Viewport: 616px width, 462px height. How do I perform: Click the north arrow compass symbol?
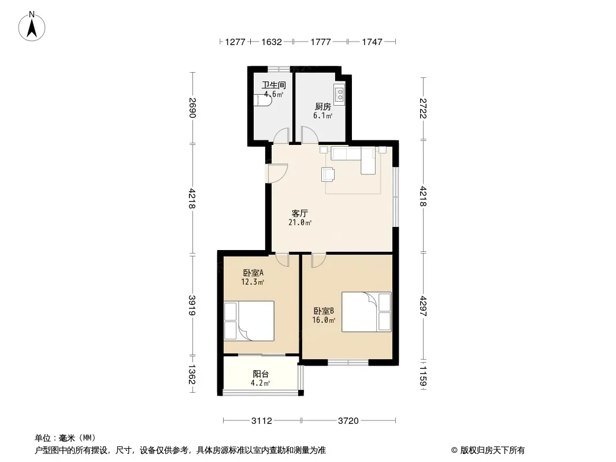tap(32, 27)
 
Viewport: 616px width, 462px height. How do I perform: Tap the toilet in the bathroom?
tap(262, 100)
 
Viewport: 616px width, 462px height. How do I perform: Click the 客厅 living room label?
tap(300, 214)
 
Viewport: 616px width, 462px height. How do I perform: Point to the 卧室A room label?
tap(253, 273)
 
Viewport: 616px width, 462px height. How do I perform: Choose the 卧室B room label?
tap(324, 311)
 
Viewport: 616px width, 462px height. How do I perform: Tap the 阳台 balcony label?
tap(261, 374)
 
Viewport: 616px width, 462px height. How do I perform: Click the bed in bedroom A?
tap(248, 321)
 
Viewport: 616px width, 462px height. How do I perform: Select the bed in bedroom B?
tap(366, 312)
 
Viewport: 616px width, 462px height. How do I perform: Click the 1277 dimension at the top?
tap(235, 42)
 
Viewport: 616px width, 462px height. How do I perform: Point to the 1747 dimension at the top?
tap(372, 42)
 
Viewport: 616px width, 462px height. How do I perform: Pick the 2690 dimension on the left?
tap(192, 107)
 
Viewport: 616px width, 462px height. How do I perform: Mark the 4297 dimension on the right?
tap(423, 305)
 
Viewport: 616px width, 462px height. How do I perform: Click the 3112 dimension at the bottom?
tap(262, 421)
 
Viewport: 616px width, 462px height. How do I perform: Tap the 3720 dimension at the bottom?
tap(348, 421)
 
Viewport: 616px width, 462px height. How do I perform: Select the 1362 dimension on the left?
tap(192, 375)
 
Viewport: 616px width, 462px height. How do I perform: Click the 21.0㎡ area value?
tap(300, 223)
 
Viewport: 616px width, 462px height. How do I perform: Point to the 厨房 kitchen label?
tap(323, 106)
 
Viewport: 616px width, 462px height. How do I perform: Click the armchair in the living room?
tap(328, 174)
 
